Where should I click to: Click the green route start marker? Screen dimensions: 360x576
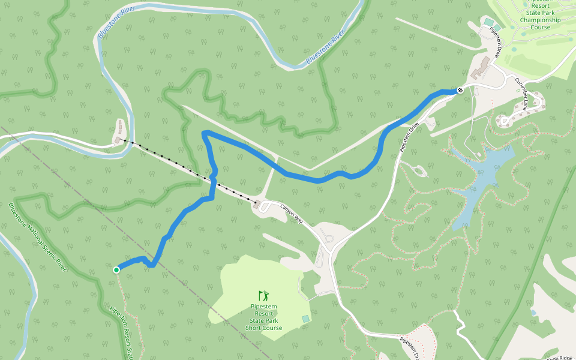116,270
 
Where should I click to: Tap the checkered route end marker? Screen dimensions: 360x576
460,90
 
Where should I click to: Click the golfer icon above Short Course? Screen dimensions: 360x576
263,295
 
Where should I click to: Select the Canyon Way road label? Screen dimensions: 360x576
292,213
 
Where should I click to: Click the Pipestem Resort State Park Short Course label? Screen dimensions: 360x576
263,317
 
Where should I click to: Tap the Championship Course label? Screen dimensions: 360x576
539,20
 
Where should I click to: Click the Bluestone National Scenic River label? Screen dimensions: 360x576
37,238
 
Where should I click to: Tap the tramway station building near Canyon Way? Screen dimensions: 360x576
258,205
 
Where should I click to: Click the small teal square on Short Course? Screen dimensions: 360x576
306,318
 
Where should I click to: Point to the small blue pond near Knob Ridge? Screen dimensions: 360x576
533,313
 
